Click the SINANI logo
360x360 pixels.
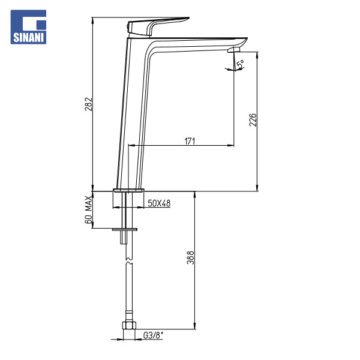click(28, 27)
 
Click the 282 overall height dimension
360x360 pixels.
click(89, 104)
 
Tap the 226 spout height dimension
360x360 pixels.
click(253, 119)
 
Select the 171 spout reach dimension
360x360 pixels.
click(190, 141)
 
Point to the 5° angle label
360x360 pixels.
click(241, 64)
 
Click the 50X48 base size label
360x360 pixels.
click(159, 203)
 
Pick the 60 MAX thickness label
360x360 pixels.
click(89, 210)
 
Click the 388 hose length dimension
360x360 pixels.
click(190, 257)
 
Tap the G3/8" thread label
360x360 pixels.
click(153, 335)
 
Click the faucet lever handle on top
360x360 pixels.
click(156, 26)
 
